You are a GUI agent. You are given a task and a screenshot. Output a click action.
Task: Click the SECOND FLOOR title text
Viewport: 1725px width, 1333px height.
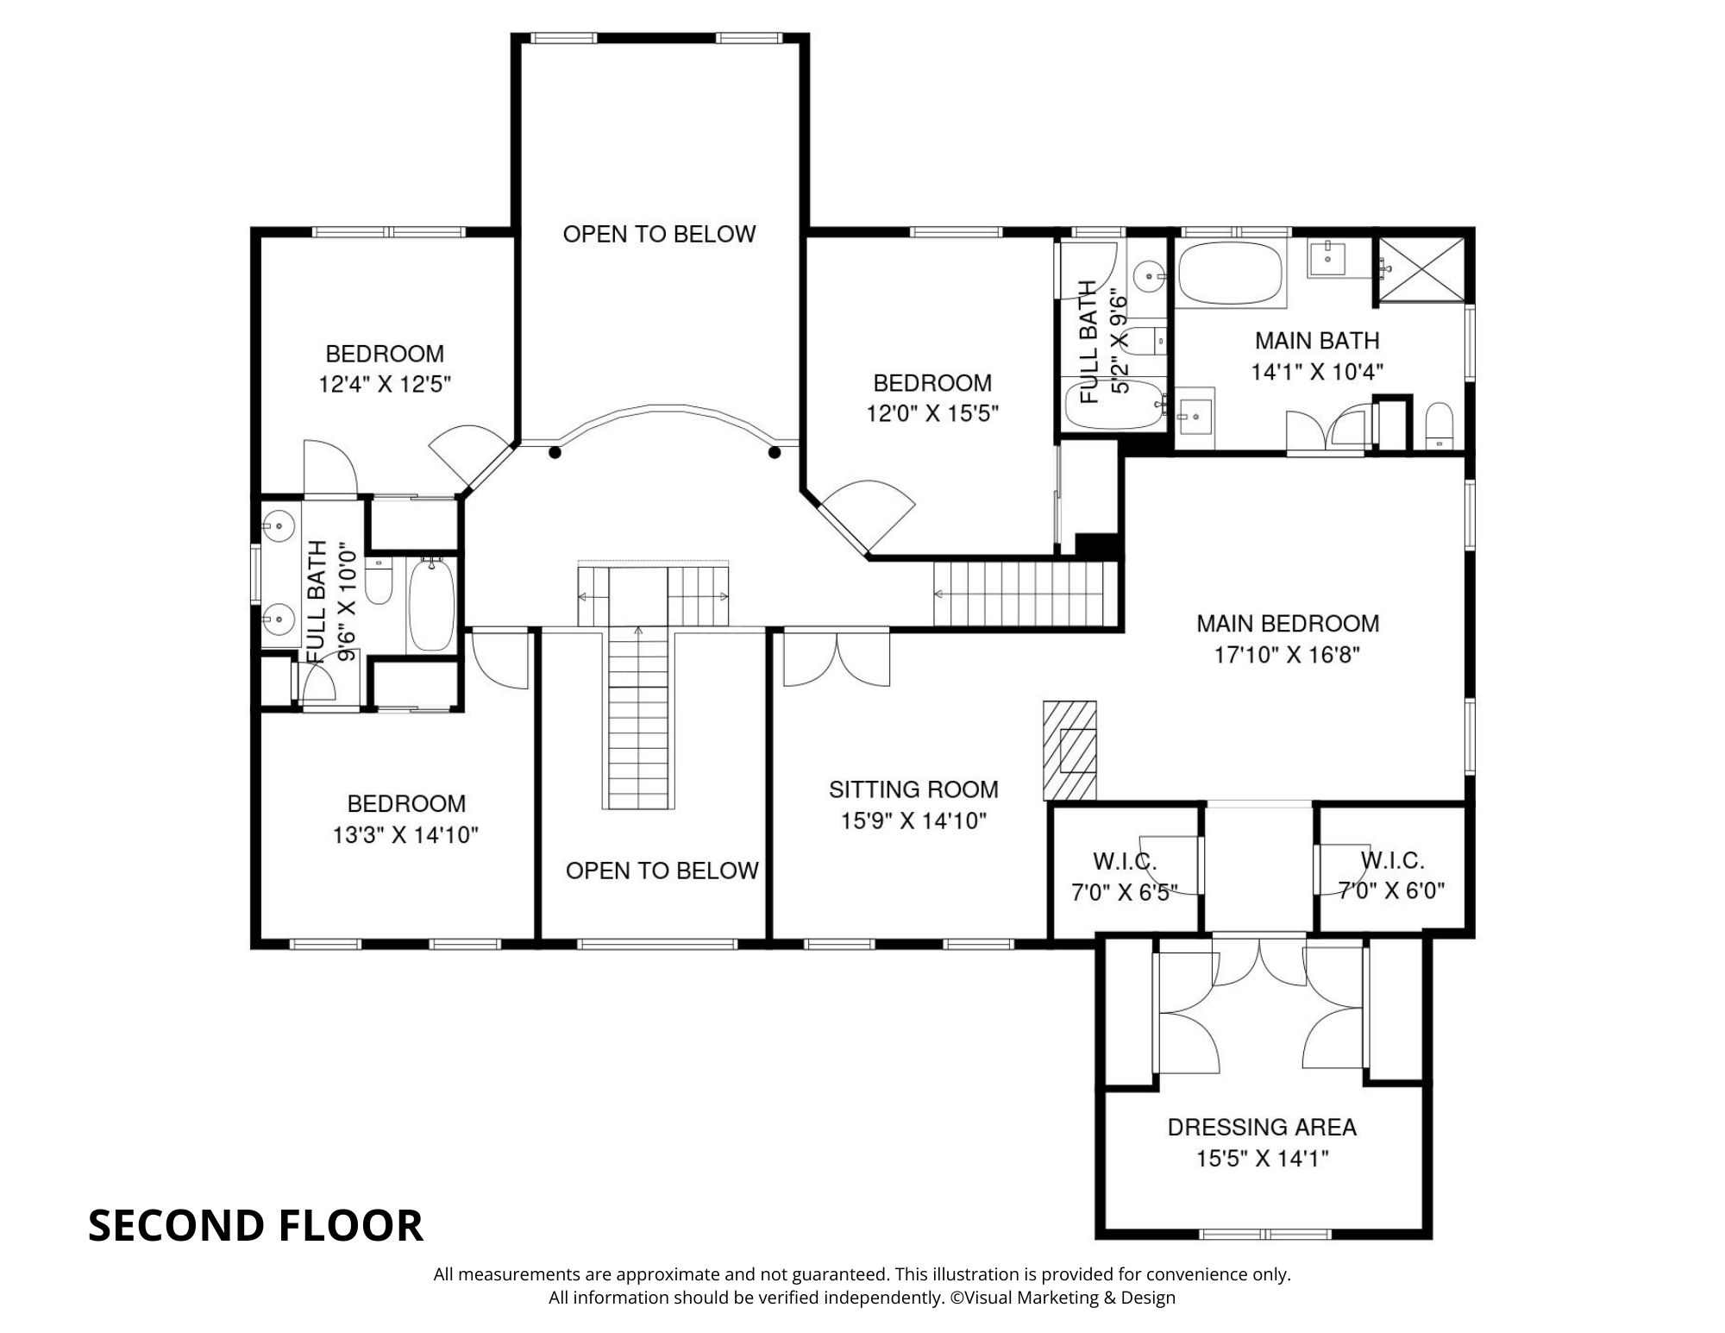pyautogui.click(x=255, y=1225)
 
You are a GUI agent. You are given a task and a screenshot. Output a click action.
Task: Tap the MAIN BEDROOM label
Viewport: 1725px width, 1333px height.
pyautogui.click(x=1288, y=623)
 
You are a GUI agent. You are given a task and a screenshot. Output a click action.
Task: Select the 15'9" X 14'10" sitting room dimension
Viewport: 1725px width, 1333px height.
pyautogui.click(x=913, y=821)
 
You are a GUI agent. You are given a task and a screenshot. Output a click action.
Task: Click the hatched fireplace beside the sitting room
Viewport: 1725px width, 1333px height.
pyautogui.click(x=1069, y=750)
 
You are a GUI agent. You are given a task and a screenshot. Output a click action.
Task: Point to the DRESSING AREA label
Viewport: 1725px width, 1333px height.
pyautogui.click(x=1262, y=1127)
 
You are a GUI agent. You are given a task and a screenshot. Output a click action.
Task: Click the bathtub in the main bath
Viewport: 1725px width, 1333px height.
pyautogui.click(x=1231, y=273)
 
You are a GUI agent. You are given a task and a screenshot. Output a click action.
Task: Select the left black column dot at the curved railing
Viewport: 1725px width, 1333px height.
pyautogui.click(x=555, y=452)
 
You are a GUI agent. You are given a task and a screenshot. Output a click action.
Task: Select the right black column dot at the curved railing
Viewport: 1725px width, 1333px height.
pyautogui.click(x=775, y=452)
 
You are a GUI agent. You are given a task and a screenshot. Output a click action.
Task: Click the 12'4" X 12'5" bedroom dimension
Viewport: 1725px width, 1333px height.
pyautogui.click(x=386, y=384)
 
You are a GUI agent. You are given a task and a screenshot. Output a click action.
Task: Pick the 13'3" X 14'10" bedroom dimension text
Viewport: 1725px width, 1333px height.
pyautogui.click(x=405, y=835)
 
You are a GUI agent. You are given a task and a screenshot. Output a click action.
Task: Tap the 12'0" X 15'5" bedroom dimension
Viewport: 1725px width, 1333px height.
pyautogui.click(x=932, y=414)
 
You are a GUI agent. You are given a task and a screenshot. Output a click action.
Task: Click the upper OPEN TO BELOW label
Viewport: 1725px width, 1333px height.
pyautogui.click(x=659, y=234)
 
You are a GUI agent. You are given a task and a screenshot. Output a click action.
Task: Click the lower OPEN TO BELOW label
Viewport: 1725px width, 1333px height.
pyautogui.click(x=662, y=871)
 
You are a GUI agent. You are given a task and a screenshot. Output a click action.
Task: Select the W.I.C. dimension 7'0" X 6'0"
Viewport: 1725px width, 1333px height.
pyautogui.click(x=1391, y=890)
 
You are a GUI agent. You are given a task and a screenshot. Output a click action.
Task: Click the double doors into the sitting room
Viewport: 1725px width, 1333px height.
pyautogui.click(x=836, y=660)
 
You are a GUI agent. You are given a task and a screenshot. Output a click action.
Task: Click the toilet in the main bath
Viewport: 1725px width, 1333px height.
pyautogui.click(x=1440, y=425)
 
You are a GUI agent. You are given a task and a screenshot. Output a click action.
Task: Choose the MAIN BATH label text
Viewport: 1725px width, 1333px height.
pyautogui.click(x=1317, y=341)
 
